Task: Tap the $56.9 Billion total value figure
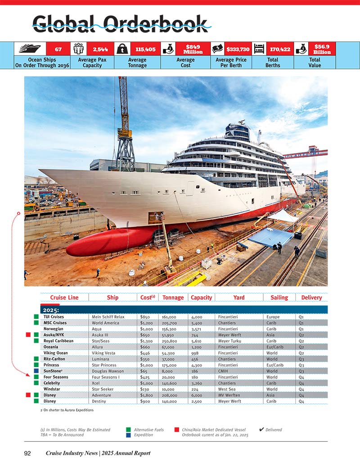pos(322,49)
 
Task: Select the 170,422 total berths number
pos(279,49)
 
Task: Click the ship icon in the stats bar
pos(30,49)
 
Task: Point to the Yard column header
pos(239,297)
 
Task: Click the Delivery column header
pos(311,297)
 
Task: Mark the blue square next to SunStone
pos(36,371)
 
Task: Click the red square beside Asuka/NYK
pos(28,335)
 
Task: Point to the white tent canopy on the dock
pos(283,216)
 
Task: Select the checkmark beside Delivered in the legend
pos(261,429)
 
